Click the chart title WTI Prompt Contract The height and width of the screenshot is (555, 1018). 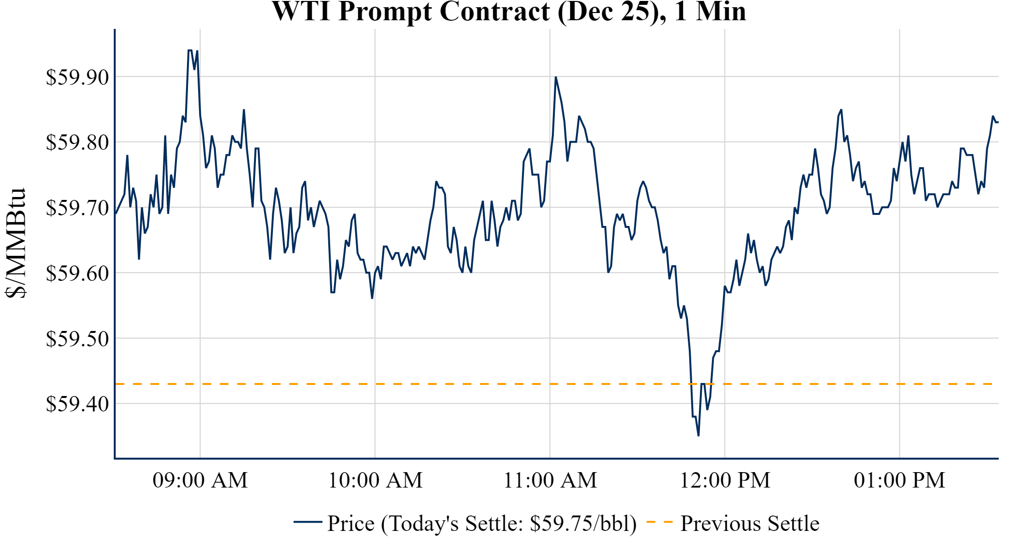pyautogui.click(x=509, y=12)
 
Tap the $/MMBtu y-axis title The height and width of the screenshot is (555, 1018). pyautogui.click(x=15, y=243)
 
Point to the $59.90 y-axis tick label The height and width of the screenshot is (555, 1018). pyautogui.click(x=77, y=77)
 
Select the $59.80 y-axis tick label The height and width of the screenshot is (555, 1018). pyautogui.click(x=77, y=143)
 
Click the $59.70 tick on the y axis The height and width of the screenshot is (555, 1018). pyautogui.click(x=77, y=208)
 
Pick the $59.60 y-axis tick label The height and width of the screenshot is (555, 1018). pyautogui.click(x=77, y=273)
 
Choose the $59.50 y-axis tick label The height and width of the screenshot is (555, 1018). pyautogui.click(x=77, y=339)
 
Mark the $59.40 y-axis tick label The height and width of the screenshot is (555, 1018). pyautogui.click(x=77, y=404)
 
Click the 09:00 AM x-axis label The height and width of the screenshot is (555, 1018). pyautogui.click(x=200, y=480)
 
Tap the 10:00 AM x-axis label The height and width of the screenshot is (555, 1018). pyautogui.click(x=375, y=480)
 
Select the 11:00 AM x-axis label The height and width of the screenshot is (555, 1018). pyautogui.click(x=550, y=480)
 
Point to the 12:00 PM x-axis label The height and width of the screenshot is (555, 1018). pyautogui.click(x=725, y=480)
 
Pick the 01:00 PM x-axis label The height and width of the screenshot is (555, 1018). pyautogui.click(x=899, y=480)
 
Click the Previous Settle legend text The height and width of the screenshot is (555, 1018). pyautogui.click(x=750, y=523)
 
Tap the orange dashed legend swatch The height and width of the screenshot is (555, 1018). pyautogui.click(x=659, y=522)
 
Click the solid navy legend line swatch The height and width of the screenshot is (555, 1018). pyautogui.click(x=308, y=522)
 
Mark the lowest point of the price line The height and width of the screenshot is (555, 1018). pyautogui.click(x=698, y=436)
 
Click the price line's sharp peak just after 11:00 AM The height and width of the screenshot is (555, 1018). pyautogui.click(x=556, y=77)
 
